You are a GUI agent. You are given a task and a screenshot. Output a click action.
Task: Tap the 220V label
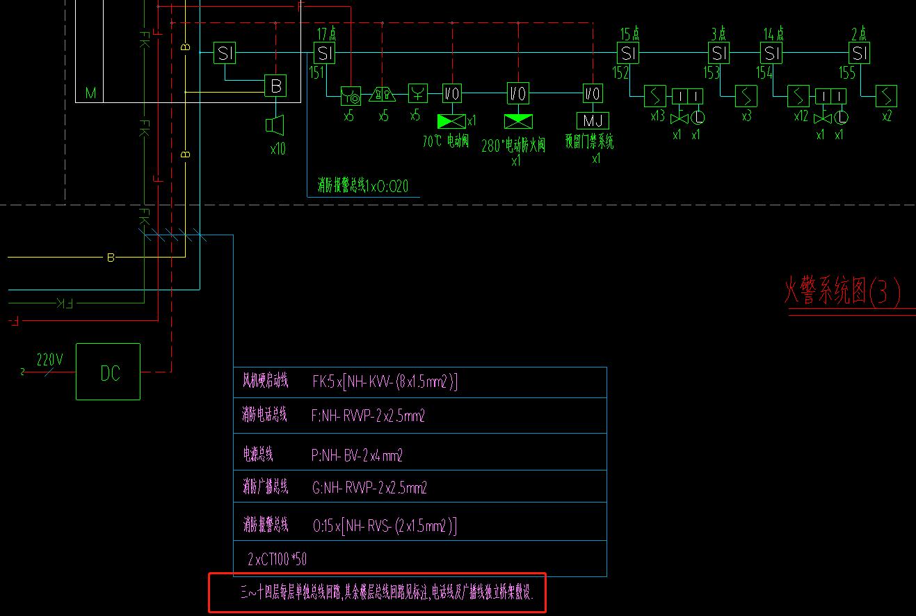49,360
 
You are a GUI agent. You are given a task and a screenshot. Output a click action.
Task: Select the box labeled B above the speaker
275,86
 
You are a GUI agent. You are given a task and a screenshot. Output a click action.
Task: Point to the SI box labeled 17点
324,53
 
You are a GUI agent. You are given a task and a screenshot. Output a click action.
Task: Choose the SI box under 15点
627,53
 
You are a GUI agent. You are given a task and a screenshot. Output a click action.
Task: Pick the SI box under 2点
860,53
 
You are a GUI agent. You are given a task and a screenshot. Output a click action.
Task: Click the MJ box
592,120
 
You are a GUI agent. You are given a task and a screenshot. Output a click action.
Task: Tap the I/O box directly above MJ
592,93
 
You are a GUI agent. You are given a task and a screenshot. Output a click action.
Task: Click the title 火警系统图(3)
842,292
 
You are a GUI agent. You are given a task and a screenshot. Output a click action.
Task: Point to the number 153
711,72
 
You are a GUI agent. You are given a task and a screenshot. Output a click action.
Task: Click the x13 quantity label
657,116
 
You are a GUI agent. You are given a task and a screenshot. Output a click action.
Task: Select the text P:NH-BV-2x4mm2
357,456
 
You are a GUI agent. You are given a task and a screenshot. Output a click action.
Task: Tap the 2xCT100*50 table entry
277,559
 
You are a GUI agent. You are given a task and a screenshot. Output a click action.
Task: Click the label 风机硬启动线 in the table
264,381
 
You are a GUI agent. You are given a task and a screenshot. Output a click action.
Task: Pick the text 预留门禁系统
589,143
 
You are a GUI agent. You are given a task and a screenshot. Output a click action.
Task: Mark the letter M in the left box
90,93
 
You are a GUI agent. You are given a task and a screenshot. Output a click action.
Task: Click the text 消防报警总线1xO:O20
362,186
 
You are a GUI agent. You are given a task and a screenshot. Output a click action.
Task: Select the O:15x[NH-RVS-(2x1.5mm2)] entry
384,526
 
